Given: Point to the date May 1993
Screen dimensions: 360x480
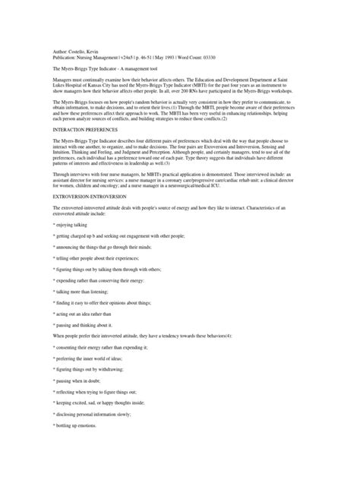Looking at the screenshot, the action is (x=167, y=55).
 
